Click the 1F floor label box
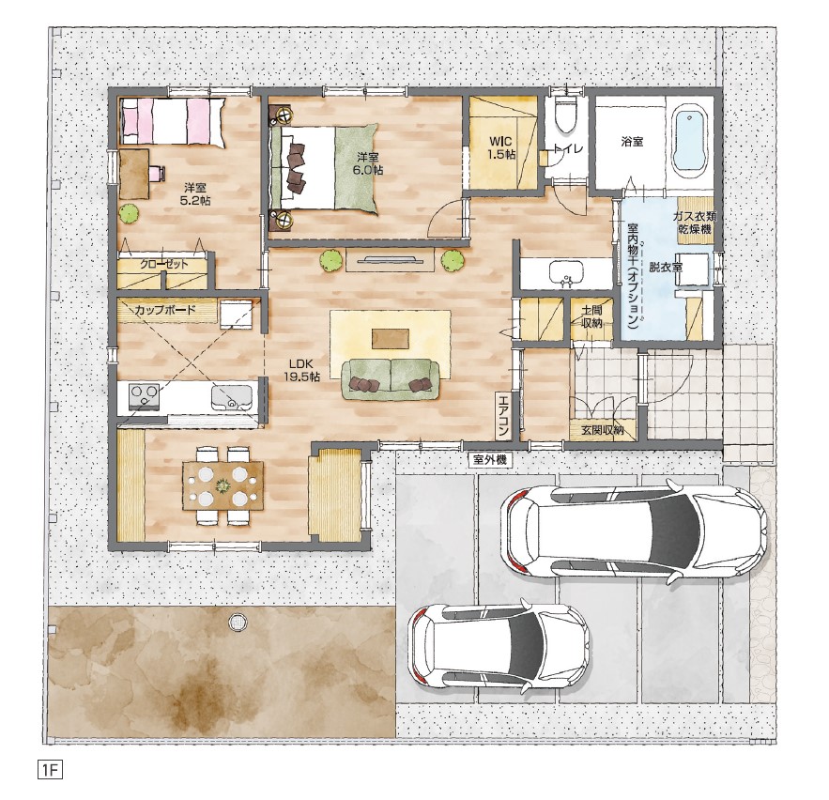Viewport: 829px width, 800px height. point(50,769)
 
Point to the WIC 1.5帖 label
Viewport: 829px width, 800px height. point(501,147)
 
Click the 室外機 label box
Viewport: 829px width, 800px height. point(490,460)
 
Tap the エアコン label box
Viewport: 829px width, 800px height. point(503,415)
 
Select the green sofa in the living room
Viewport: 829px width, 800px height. point(391,379)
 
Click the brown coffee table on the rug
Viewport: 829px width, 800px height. point(391,339)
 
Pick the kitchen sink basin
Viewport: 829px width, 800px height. point(232,397)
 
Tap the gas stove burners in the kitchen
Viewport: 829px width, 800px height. point(144,396)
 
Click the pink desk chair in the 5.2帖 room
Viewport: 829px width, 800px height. point(157,174)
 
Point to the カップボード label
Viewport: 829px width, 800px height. point(165,310)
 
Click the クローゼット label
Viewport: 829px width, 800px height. point(164,265)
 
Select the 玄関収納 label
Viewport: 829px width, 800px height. point(603,430)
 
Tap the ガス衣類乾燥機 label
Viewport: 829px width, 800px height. point(695,223)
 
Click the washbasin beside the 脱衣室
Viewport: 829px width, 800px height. point(566,273)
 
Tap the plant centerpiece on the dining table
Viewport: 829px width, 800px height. point(223,485)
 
